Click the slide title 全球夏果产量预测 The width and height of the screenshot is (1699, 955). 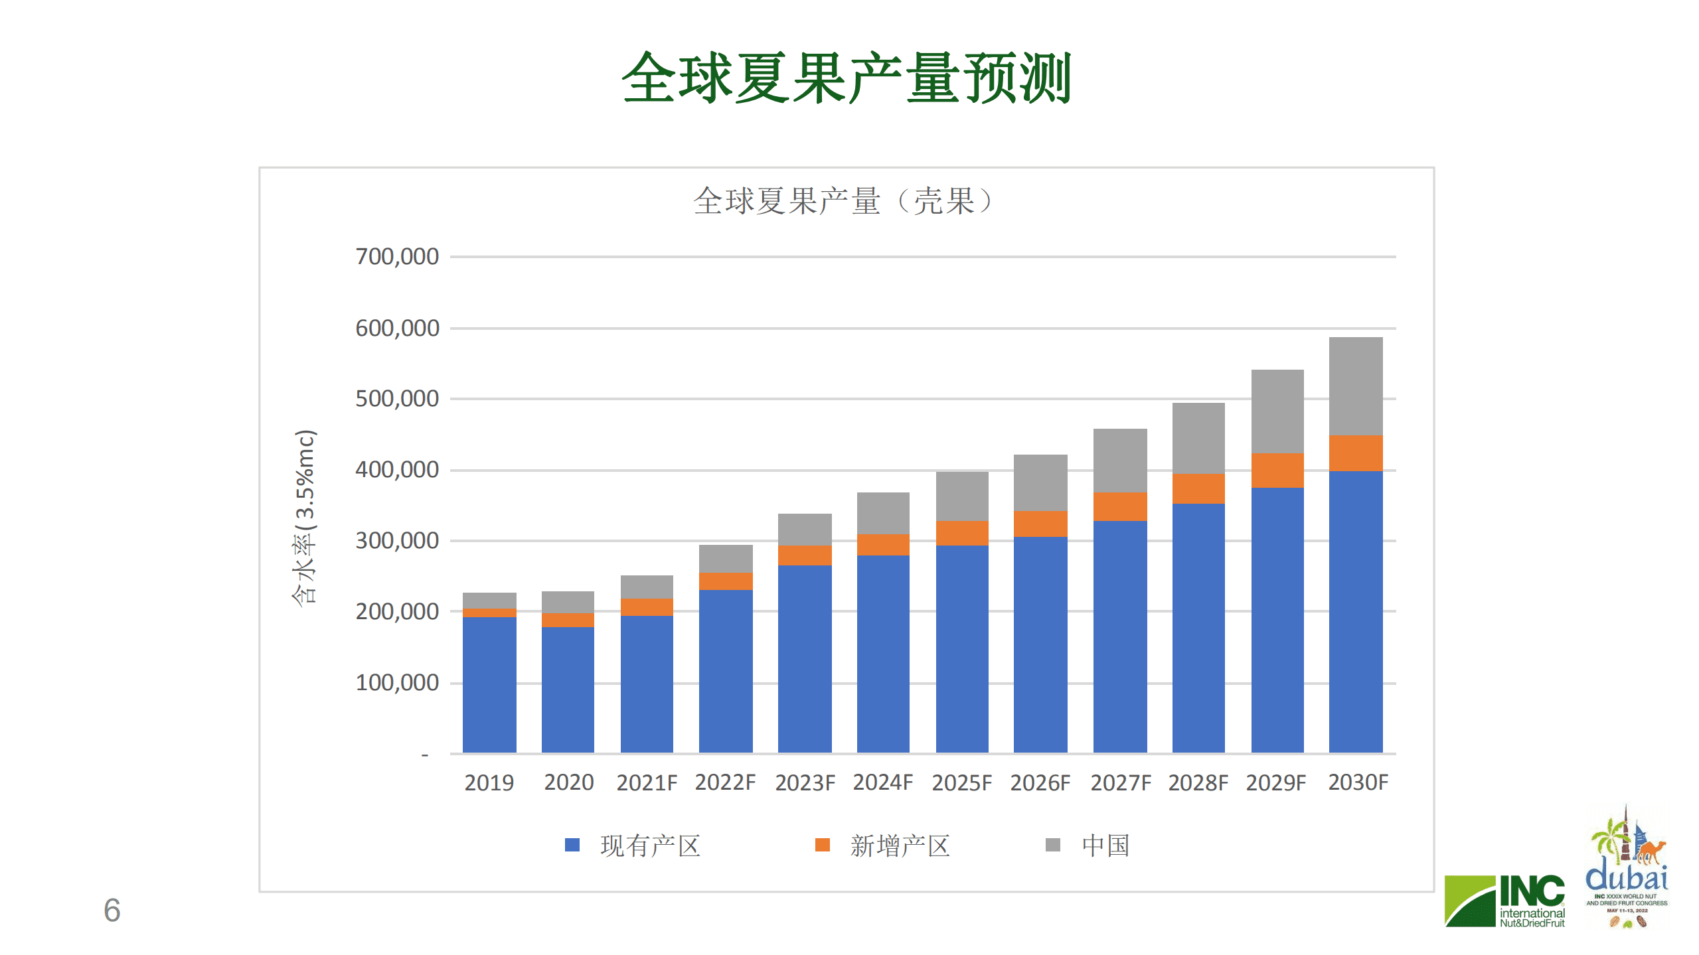847,78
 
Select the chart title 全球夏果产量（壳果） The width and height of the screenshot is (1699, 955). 843,201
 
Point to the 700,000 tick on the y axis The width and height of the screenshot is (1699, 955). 396,257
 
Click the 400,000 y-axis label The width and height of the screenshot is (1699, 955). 396,470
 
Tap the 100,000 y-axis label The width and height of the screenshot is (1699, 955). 396,683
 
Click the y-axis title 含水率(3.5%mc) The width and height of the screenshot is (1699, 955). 305,518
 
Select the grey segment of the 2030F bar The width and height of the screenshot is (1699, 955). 1355,386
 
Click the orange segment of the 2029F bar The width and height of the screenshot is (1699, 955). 1277,471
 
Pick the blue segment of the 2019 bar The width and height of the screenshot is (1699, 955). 489,684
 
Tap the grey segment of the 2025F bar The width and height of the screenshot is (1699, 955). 961,496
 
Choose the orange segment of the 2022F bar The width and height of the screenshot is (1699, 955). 725,581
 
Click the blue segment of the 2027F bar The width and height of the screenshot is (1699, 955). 1119,637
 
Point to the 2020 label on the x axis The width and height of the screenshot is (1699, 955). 568,782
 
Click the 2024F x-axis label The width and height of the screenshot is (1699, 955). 882,782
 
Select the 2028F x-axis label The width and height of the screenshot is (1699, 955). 1198,782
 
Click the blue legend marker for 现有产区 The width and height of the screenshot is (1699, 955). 572,845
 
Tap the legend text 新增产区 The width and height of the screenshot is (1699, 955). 900,846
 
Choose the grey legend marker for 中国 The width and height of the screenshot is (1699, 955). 1052,845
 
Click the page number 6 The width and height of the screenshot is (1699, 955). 112,910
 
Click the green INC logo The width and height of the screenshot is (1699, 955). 1504,901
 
